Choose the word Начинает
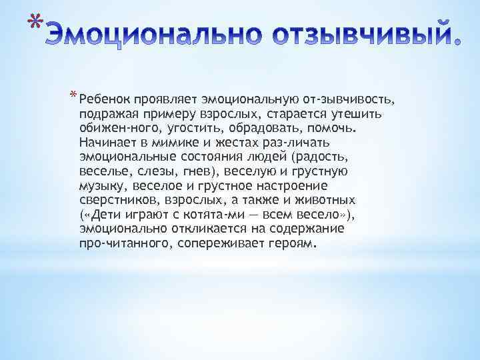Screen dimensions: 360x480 (107, 142)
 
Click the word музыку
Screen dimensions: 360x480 (103, 185)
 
